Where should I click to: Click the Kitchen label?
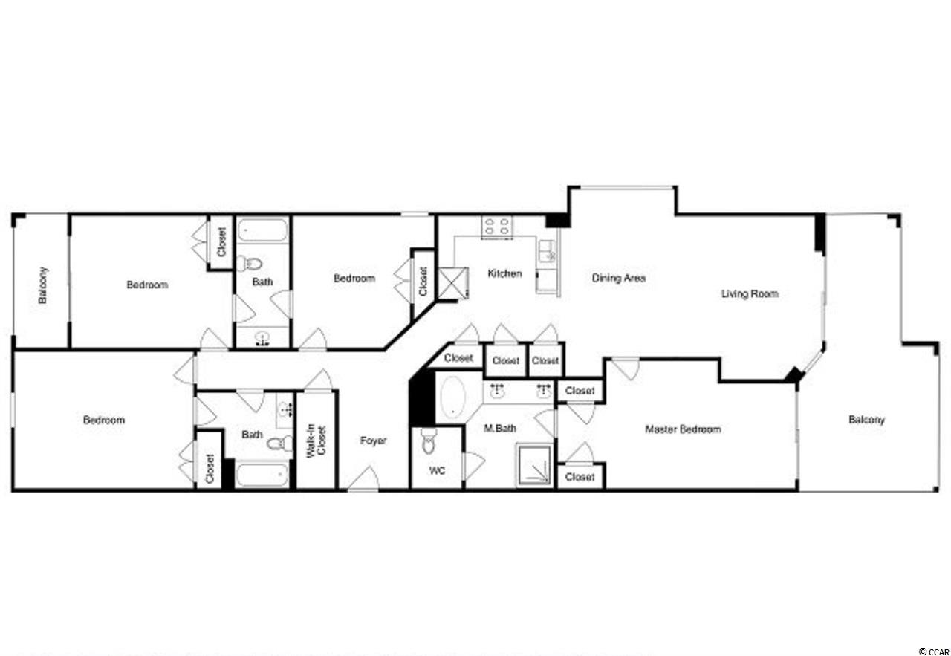click(504, 273)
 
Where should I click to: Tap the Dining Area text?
click(619, 278)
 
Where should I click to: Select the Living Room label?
click(750, 293)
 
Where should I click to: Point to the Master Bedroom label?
click(683, 429)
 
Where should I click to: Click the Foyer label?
click(373, 441)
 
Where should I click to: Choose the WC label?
click(437, 470)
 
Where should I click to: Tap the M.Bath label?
click(500, 429)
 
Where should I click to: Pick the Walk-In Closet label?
click(317, 441)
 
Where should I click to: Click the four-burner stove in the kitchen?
click(496, 227)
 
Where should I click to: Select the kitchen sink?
click(548, 251)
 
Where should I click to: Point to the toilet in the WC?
click(429, 441)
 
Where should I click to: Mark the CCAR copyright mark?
click(934, 652)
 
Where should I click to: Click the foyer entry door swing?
click(363, 478)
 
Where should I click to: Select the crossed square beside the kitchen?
click(453, 283)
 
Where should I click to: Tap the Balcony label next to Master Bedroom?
click(866, 420)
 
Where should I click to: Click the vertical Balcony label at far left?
click(42, 285)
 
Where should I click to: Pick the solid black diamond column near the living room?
click(794, 375)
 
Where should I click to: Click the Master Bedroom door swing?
click(626, 368)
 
